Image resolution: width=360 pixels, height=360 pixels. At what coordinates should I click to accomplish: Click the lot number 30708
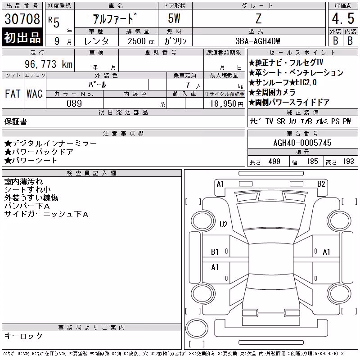(22, 19)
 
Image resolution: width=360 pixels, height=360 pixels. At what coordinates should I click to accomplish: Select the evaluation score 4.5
(343, 18)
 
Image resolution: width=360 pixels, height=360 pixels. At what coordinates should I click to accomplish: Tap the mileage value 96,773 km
(49, 64)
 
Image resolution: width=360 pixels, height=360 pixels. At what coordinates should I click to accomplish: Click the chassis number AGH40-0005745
(302, 143)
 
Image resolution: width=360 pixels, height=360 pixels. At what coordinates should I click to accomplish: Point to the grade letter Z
(258, 18)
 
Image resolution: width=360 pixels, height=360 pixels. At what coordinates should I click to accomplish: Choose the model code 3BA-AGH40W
(258, 41)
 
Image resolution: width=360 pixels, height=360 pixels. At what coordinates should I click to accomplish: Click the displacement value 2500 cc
(141, 41)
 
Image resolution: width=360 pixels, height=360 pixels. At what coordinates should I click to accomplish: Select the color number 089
(74, 103)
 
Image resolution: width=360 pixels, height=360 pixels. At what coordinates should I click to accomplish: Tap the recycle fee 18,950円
(227, 104)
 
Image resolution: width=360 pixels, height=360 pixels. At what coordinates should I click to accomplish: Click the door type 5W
(174, 18)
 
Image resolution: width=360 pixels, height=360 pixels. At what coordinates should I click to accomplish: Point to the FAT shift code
(13, 94)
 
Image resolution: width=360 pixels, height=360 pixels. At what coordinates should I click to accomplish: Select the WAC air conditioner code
(35, 94)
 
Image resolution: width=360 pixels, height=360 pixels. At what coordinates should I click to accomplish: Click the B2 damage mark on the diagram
(321, 184)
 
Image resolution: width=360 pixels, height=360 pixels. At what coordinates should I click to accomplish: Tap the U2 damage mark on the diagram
(223, 224)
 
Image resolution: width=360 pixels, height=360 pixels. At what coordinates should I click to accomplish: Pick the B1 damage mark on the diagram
(215, 252)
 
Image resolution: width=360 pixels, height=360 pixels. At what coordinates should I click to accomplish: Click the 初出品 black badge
(22, 37)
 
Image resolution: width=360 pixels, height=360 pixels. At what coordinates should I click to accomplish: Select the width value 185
(312, 162)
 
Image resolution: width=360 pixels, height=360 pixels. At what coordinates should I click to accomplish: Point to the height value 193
(348, 162)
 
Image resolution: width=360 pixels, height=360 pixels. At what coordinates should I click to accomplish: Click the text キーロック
(23, 336)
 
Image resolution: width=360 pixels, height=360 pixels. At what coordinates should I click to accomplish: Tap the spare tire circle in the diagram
(197, 328)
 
